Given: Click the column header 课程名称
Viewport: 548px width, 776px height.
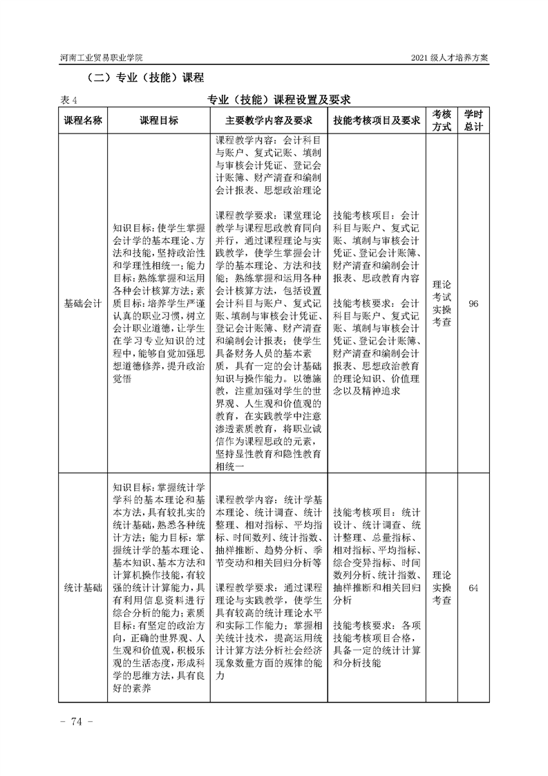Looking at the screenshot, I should tap(83, 120).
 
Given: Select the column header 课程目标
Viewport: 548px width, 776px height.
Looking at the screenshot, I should tap(159, 120).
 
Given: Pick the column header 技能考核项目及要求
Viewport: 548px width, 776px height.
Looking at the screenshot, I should tap(377, 120).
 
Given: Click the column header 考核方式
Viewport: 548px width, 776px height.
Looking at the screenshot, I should tap(442, 120).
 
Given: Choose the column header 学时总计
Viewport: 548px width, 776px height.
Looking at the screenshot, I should tap(473, 120).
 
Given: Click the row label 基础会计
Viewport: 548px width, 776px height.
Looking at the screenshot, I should tap(83, 303).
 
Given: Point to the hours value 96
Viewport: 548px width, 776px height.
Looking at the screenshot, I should tap(473, 303).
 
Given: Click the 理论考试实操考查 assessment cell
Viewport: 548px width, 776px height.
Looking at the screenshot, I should tap(442, 303).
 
